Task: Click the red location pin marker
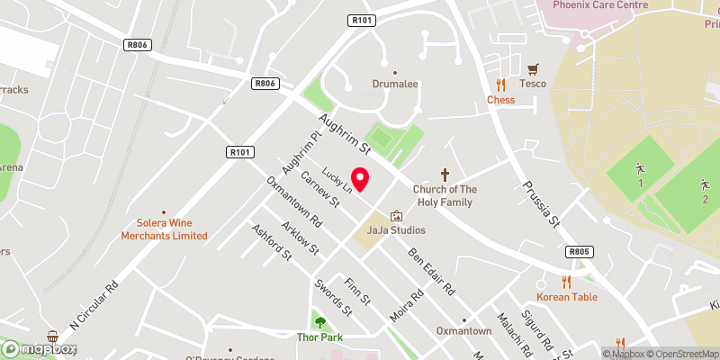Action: [x=360, y=179]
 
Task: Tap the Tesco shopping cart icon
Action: [x=533, y=68]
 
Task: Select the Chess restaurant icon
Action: [x=500, y=85]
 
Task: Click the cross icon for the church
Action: [x=444, y=175]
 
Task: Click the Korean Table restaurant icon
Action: [x=566, y=282]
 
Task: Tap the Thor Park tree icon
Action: [x=319, y=322]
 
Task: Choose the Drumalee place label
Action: [x=395, y=84]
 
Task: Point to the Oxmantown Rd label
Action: [x=294, y=201]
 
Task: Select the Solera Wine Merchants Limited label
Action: [x=166, y=229]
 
